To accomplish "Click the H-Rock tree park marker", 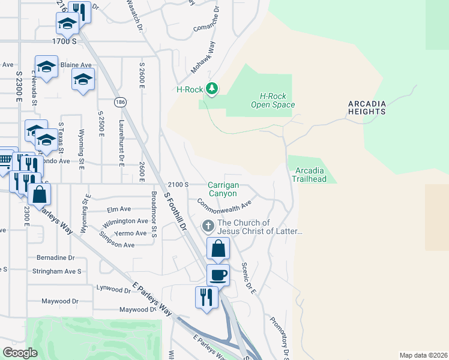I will click(211, 89).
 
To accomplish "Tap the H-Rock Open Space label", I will click(277, 100).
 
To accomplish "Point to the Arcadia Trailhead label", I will click(309, 175).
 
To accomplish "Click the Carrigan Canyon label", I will click(222, 189).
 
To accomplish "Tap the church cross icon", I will click(208, 226).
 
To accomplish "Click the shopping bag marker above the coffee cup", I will click(219, 248).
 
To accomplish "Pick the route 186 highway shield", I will click(121, 102).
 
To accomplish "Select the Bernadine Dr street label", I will click(55, 257).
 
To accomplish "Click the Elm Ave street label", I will click(118, 209).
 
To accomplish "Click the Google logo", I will click(20, 353).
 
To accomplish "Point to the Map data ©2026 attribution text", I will click(423, 355).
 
